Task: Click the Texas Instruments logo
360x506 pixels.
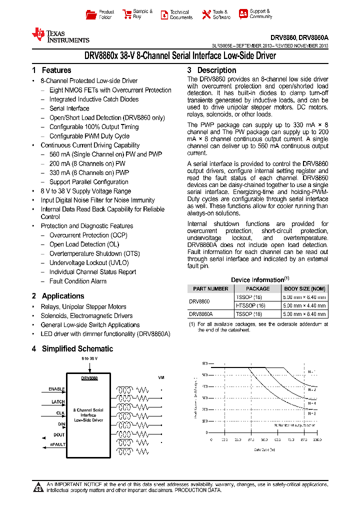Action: [60, 35]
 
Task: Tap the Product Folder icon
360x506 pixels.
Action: [90, 14]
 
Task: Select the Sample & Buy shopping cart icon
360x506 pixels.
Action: [126, 14]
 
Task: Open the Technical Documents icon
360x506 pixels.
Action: [164, 15]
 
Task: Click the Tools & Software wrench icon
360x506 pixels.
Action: [206, 15]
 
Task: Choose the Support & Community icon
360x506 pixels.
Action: [243, 14]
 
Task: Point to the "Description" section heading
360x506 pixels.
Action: [216, 70]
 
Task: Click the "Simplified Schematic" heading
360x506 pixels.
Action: [77, 349]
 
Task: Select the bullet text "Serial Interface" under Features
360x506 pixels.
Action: [69, 108]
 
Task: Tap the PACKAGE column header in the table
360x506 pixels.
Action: [257, 288]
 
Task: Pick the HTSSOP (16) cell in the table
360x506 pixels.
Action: [250, 305]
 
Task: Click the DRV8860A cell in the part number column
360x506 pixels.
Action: [200, 314]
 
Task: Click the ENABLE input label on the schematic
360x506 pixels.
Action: [56, 388]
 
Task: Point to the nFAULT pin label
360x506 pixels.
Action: [57, 444]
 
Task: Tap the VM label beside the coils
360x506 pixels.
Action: [161, 377]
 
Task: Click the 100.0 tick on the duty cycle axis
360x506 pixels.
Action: [317, 439]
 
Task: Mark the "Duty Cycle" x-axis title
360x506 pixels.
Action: [264, 449]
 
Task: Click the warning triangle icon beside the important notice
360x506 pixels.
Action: [38, 487]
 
